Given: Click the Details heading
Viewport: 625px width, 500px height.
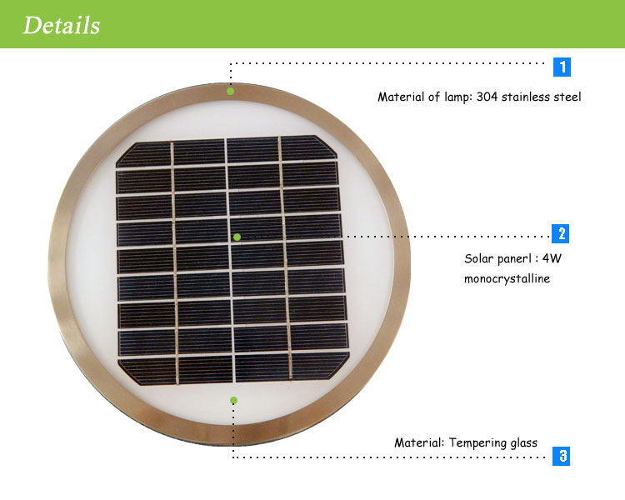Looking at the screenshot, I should (61, 25).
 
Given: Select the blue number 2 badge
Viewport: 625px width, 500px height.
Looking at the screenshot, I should (562, 233).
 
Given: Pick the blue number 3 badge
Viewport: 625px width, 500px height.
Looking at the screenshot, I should (562, 456).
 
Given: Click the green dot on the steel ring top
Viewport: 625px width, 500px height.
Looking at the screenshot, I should (231, 91).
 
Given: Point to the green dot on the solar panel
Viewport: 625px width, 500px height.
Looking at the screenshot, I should (237, 237).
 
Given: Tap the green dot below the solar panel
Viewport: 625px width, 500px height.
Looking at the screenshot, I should (233, 401).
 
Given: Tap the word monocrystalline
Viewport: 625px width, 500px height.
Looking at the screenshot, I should (507, 278).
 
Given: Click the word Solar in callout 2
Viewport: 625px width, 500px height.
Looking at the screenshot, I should (479, 258).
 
